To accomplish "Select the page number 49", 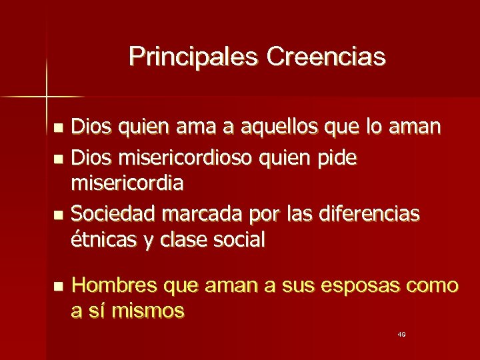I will tap(401, 333).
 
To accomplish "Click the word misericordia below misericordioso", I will tap(128, 181).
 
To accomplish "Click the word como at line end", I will tap(433, 287).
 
